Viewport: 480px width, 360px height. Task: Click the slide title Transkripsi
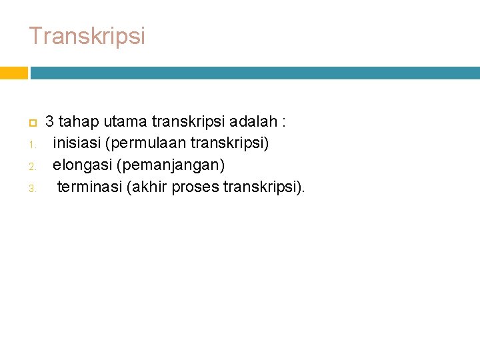click(87, 36)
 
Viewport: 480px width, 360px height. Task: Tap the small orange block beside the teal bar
click(13, 72)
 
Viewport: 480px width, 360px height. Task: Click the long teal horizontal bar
click(255, 72)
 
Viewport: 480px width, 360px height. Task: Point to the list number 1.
click(31, 145)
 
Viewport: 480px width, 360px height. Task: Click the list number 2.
click(31, 166)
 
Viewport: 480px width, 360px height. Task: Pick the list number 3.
click(31, 188)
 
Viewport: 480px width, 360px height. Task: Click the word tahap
click(78, 122)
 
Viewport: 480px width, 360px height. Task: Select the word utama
click(125, 122)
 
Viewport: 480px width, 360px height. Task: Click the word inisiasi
click(81, 143)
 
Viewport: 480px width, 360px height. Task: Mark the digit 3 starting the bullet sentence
click(49, 122)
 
